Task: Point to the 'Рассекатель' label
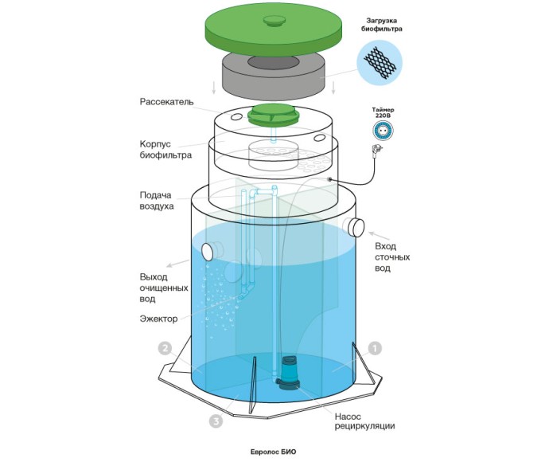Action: (166, 103)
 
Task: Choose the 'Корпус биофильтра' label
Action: (160, 150)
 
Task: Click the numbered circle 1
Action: (375, 348)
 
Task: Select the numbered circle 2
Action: (165, 348)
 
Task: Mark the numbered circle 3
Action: (215, 421)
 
